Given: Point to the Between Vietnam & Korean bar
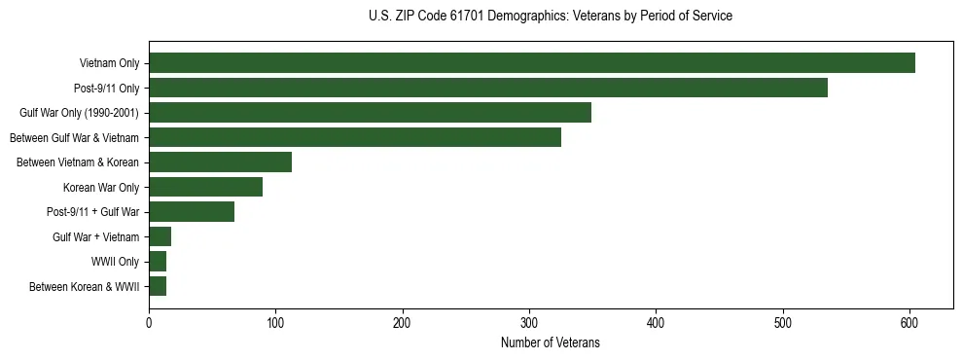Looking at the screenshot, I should pyautogui.click(x=220, y=162).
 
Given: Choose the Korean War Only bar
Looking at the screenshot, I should pyautogui.click(x=205, y=187).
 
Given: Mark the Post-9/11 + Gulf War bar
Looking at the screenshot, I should pyautogui.click(x=192, y=212).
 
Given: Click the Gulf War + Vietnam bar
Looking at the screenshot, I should pyautogui.click(x=160, y=236).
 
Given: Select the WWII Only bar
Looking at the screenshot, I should pyautogui.click(x=158, y=262).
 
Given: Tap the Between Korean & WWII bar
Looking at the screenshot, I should pyautogui.click(x=158, y=286).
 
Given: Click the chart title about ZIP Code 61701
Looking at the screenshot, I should pyautogui.click(x=551, y=17).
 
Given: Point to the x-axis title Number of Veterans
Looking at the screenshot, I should pyautogui.click(x=551, y=343).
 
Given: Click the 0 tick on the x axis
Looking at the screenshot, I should pyautogui.click(x=149, y=324).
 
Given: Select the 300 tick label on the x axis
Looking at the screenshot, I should pyautogui.click(x=529, y=324).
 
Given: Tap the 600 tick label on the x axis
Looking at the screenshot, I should pyautogui.click(x=909, y=324).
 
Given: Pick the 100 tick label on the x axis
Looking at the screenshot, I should pyautogui.click(x=275, y=324).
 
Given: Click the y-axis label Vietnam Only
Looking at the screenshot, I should pyautogui.click(x=109, y=64).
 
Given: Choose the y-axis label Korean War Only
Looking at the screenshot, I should pyautogui.click(x=101, y=188).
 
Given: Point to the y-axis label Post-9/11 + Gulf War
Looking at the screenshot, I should pyautogui.click(x=92, y=212).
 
